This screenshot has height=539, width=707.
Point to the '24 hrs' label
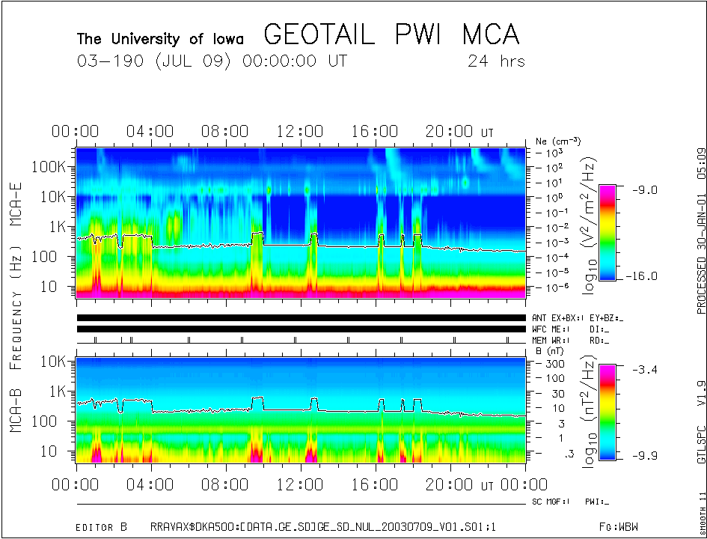(496, 61)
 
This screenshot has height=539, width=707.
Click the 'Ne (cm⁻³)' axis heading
(558, 141)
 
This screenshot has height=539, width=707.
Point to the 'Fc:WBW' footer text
(616, 527)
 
